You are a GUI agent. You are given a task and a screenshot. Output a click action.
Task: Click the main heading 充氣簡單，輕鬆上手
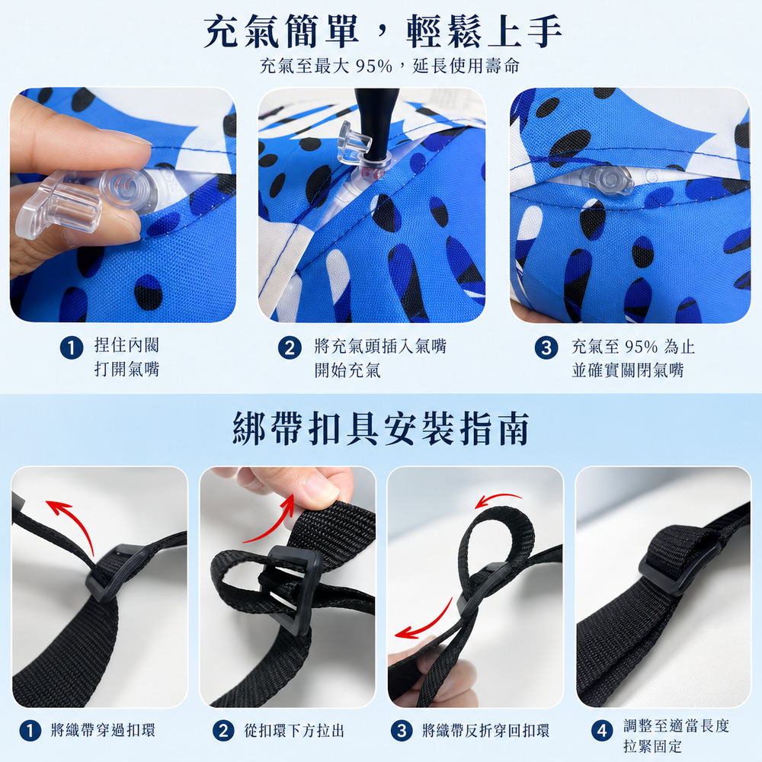click(x=383, y=31)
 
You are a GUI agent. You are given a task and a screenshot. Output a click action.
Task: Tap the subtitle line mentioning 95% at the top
click(x=389, y=66)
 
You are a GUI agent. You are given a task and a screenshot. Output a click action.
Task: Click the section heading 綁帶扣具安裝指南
click(x=381, y=428)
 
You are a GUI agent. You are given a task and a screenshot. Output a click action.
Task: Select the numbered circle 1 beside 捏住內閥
click(x=72, y=348)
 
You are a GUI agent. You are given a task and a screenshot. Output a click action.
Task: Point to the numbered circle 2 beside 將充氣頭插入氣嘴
click(x=290, y=348)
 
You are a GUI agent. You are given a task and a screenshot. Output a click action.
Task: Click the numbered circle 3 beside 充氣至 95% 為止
click(x=546, y=348)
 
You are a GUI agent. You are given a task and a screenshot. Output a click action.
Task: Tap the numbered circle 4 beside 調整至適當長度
click(x=602, y=731)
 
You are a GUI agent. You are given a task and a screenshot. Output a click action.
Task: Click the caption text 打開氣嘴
click(x=126, y=370)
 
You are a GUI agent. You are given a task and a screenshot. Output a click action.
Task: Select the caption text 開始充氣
click(x=347, y=370)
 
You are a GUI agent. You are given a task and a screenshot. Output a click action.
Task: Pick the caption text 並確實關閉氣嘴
click(x=628, y=370)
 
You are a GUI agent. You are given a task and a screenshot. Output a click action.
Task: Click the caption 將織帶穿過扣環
click(x=103, y=731)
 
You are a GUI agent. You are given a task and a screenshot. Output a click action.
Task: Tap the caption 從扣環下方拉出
click(x=294, y=731)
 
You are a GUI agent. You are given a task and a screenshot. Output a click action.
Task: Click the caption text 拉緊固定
click(x=653, y=746)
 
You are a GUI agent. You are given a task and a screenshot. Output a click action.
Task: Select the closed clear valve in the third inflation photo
click(x=607, y=179)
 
